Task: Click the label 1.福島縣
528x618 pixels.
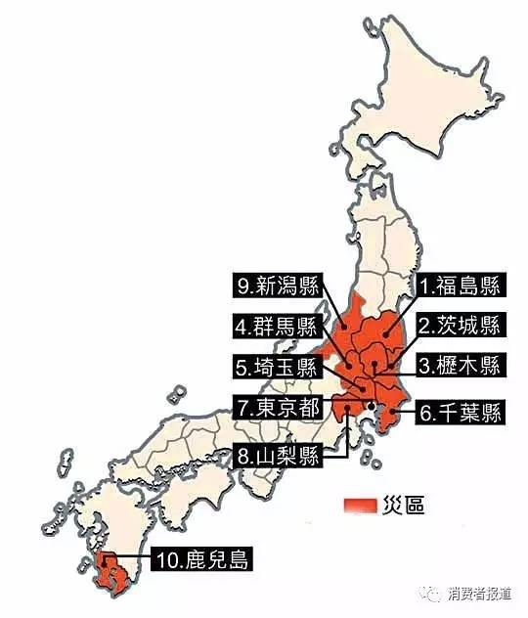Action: pyautogui.click(x=459, y=287)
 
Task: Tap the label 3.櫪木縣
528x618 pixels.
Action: pyautogui.click(x=459, y=367)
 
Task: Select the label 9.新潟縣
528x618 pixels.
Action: pyautogui.click(x=276, y=287)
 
